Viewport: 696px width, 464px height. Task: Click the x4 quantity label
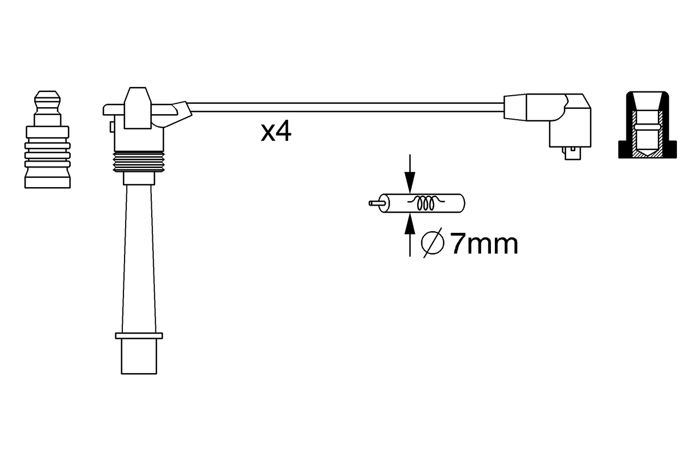pos(276,132)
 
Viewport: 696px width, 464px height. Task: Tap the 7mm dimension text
pos(484,244)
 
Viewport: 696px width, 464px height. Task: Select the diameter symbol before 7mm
pos(432,243)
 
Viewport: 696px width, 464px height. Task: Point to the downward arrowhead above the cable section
pos(410,183)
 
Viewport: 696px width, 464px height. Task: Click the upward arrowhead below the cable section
pos(410,224)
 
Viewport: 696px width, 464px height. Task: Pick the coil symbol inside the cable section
pos(426,203)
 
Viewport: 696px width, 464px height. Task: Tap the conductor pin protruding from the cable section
pos(377,203)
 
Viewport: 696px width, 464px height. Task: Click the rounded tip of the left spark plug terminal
pos(47,99)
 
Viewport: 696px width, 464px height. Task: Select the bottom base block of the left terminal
pos(47,182)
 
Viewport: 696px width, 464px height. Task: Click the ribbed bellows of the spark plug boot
pos(139,162)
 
